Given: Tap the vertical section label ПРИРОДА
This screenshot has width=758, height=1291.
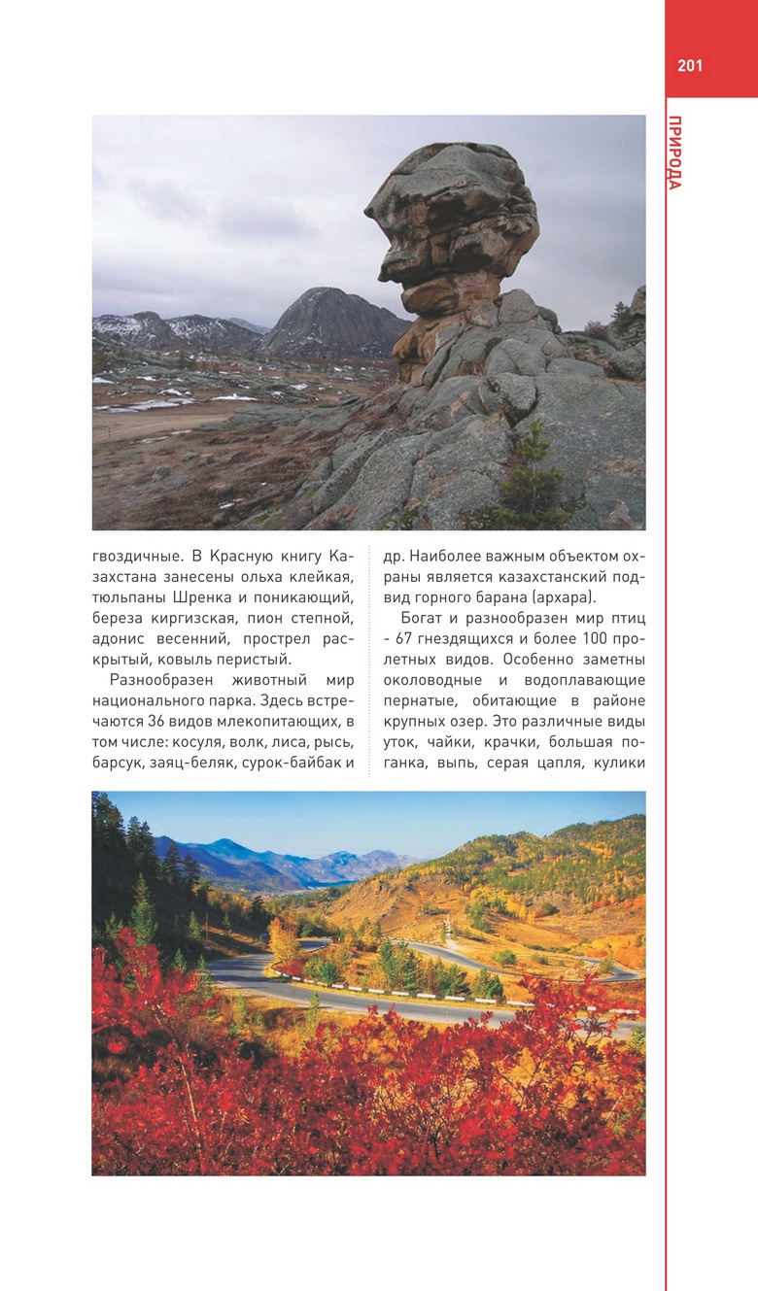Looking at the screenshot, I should click(x=675, y=153).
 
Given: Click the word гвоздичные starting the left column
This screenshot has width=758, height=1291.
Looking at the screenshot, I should click(x=135, y=558).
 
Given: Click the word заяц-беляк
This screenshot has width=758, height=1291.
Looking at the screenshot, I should click(x=182, y=763).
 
